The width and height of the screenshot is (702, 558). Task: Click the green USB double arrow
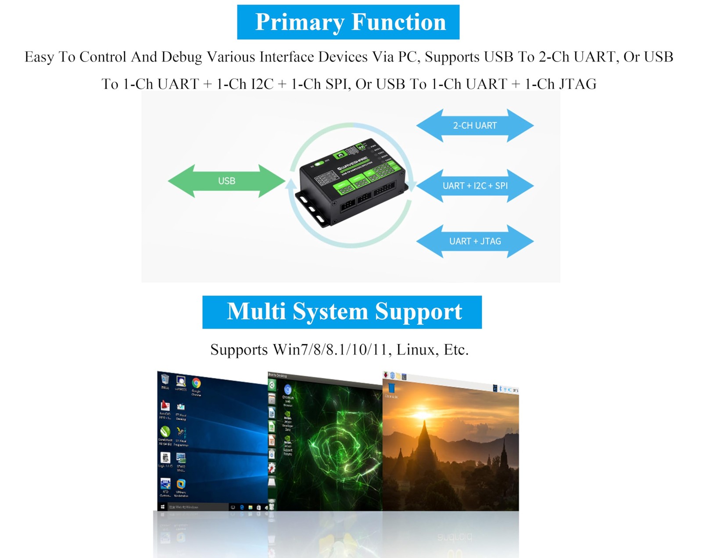[226, 181]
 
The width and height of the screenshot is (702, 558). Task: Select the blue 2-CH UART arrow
[475, 126]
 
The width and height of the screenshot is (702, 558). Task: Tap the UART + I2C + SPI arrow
[475, 186]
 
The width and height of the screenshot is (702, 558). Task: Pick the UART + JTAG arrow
[475, 241]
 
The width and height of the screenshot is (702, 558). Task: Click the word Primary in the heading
[299, 22]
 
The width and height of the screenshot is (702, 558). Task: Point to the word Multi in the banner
[256, 311]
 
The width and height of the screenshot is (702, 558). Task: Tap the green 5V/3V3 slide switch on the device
[319, 163]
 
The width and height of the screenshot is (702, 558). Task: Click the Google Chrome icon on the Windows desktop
[196, 383]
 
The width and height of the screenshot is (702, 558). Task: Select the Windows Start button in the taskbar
[163, 507]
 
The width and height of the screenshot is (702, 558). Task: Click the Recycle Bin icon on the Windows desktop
[165, 379]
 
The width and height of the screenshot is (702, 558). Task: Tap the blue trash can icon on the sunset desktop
[391, 388]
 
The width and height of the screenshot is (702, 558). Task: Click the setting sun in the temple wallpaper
[422, 414]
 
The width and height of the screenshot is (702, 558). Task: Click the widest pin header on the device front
[384, 189]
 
